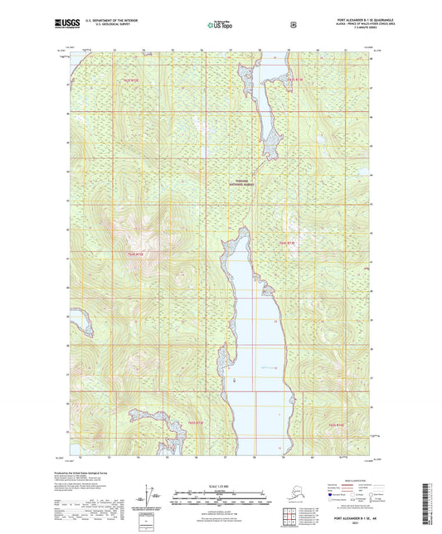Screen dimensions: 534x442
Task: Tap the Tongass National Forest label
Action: [x=240, y=186]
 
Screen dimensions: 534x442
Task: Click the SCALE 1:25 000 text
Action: [x=221, y=485]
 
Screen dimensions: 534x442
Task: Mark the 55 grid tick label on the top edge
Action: [x=172, y=51]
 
